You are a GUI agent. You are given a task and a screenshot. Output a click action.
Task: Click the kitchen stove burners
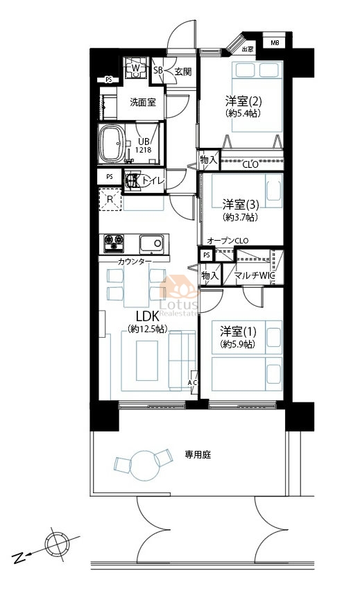point(113,243)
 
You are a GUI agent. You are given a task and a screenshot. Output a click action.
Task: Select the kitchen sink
point(152,243)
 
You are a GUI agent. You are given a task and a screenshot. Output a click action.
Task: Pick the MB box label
point(275,43)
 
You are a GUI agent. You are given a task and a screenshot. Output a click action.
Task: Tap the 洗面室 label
point(143,103)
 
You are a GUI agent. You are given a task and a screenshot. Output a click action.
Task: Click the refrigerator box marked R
point(110,200)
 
